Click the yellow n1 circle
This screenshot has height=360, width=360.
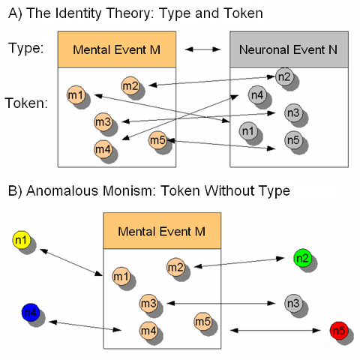pos(21,241)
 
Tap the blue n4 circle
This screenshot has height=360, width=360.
pos(30,313)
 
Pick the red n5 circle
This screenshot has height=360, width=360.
pos(338,330)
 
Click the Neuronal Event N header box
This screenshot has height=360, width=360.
pos(289,49)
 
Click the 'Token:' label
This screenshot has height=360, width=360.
pos(28,103)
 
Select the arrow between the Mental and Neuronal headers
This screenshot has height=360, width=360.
pos(202,49)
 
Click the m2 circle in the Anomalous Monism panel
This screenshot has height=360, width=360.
pos(175,266)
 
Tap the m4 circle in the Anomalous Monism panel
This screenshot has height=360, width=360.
pos(147,328)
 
